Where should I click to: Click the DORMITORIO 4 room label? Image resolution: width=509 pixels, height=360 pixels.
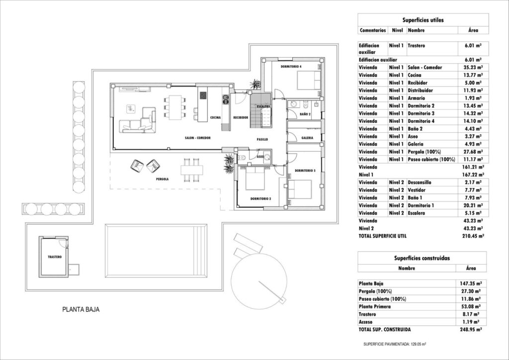(291, 66)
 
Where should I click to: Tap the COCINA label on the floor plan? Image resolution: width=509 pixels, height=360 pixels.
(215, 118)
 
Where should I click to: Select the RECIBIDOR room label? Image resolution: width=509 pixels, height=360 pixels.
(241, 118)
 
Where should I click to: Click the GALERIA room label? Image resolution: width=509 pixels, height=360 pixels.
(307, 138)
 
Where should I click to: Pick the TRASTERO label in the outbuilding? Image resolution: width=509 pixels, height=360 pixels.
(54, 257)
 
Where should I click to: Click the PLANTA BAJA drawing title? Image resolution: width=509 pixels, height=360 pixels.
(81, 309)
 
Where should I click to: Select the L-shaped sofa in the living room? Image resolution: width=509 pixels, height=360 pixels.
(137, 121)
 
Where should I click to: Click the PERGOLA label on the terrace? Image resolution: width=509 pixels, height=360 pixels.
(163, 179)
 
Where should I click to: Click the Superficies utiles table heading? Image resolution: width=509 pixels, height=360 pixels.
(423, 20)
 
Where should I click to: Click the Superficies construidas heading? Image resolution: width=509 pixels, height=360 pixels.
(423, 259)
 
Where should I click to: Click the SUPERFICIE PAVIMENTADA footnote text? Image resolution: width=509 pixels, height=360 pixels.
(396, 344)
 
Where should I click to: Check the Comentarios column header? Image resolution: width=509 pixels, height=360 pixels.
(373, 30)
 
